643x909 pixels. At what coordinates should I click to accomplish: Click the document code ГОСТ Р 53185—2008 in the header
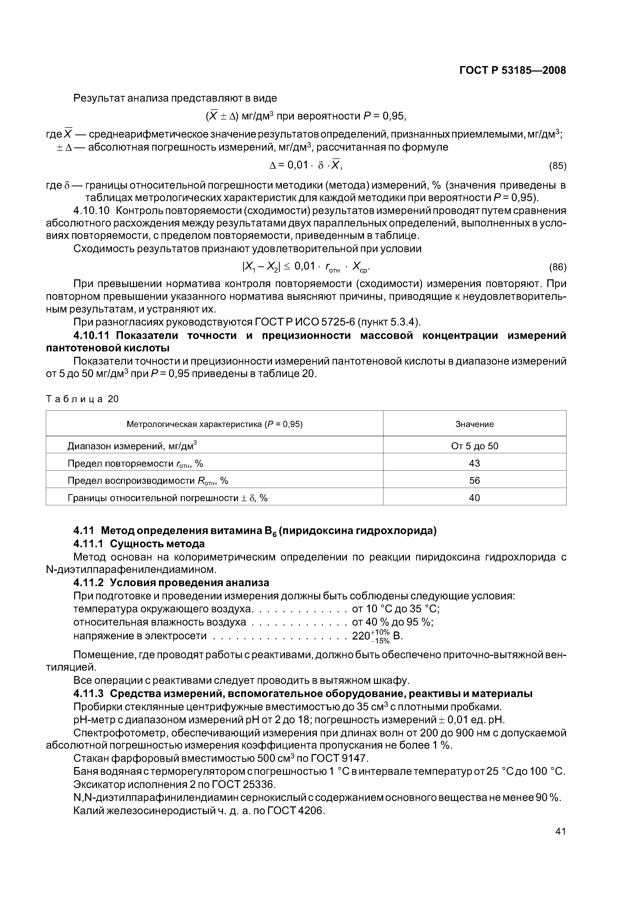click(x=512, y=70)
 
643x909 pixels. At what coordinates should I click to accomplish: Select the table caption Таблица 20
click(x=82, y=399)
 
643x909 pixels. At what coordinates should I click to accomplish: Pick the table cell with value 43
click(x=474, y=463)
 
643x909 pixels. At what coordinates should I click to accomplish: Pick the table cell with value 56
click(x=474, y=481)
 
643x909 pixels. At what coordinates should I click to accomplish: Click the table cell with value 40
click(x=474, y=498)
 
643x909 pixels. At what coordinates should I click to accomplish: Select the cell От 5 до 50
click(x=474, y=446)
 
